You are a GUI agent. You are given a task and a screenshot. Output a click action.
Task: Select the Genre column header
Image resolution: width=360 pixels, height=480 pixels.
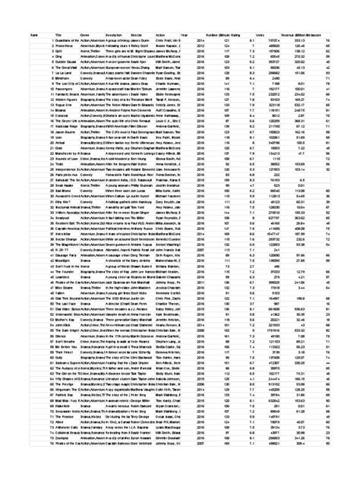click(x=85, y=35)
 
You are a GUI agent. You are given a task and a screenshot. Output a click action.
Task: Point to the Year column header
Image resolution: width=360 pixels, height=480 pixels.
click(x=187, y=35)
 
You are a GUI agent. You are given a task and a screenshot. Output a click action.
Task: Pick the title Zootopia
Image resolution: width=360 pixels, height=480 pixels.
click(x=62, y=439)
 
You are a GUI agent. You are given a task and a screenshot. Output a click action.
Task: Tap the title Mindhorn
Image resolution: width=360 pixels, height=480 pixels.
click(x=62, y=77)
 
